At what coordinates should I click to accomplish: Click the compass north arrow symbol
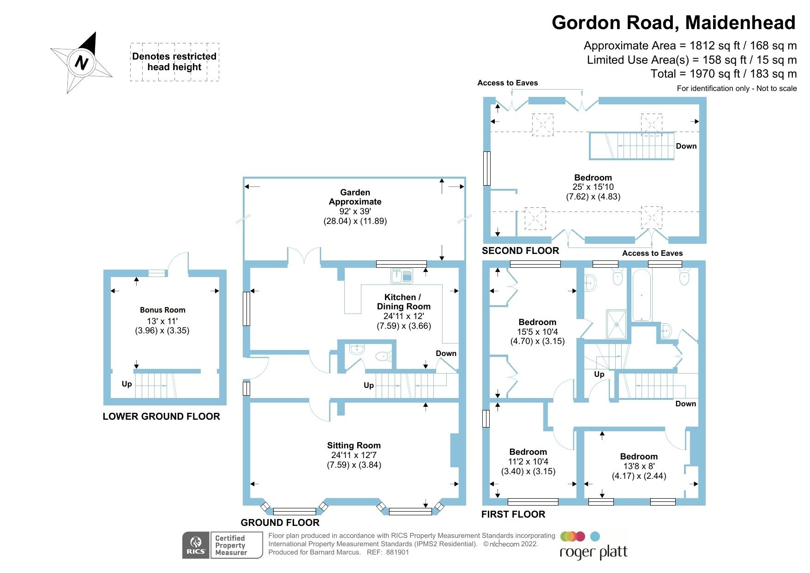[x=82, y=62]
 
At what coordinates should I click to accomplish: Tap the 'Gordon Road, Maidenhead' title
[x=673, y=23]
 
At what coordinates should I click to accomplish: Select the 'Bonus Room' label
[x=162, y=310]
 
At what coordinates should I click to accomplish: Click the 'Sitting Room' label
[x=354, y=446]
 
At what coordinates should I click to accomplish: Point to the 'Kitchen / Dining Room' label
[x=403, y=302]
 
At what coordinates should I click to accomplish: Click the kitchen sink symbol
[x=402, y=276]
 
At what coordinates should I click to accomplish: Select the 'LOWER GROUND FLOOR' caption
[x=161, y=416]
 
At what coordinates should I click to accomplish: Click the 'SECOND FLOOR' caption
[x=520, y=251]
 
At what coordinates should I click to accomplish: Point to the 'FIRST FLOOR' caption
[x=513, y=514]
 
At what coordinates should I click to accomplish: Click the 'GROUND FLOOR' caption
[x=280, y=523]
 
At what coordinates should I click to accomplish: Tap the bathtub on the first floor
[x=642, y=296]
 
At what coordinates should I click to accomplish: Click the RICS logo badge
[x=196, y=545]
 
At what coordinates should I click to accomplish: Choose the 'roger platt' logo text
[x=594, y=552]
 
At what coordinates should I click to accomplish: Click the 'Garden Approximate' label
[x=355, y=197]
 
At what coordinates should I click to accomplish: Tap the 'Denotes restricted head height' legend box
[x=174, y=62]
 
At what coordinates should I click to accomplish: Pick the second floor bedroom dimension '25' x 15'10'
[x=593, y=187]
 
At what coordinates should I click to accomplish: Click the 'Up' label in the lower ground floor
[x=127, y=384]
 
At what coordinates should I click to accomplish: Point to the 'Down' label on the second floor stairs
[x=686, y=146]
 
